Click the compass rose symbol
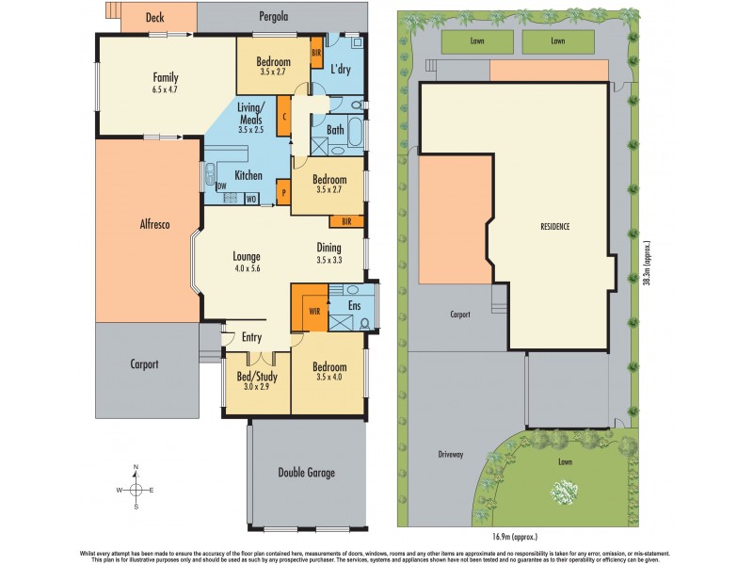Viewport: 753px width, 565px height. [136, 489]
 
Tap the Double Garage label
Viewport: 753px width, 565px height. [307, 473]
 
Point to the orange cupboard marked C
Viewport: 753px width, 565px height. [282, 119]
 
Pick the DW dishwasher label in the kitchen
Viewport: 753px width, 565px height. [222, 186]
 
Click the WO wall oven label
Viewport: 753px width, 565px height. [251, 199]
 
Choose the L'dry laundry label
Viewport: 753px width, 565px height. [341, 69]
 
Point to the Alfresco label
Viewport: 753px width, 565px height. [154, 225]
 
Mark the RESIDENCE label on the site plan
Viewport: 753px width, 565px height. [554, 227]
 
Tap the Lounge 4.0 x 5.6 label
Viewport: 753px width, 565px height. [247, 262]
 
